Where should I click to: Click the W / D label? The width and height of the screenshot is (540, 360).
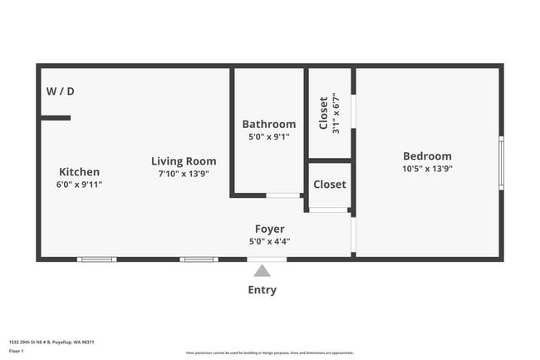(60, 91)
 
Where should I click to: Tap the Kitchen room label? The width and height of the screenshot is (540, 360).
(79, 172)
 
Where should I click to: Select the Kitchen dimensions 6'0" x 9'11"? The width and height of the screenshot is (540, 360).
(79, 185)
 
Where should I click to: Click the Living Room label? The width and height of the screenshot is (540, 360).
(184, 161)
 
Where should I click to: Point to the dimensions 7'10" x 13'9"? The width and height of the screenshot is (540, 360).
(184, 174)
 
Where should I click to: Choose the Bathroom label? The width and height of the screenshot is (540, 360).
(268, 125)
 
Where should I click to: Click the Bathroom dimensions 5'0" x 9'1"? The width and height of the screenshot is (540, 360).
(268, 137)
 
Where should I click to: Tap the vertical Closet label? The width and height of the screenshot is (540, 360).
(323, 113)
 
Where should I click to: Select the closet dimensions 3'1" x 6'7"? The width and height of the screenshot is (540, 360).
(336, 113)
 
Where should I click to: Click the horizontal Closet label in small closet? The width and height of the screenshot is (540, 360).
(330, 185)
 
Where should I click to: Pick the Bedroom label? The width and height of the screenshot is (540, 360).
(427, 156)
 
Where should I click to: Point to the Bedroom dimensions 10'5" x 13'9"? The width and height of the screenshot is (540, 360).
(427, 168)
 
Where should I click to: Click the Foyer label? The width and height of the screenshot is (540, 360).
(269, 229)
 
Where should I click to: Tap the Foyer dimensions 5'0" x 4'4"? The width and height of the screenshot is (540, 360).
(269, 241)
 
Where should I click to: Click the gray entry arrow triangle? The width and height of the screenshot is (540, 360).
(262, 270)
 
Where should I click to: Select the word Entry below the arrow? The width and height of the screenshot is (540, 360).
(262, 290)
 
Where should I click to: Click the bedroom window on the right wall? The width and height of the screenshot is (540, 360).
(501, 162)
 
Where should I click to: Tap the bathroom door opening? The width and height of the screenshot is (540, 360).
(283, 195)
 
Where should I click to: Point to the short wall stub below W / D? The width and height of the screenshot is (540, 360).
(56, 118)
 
